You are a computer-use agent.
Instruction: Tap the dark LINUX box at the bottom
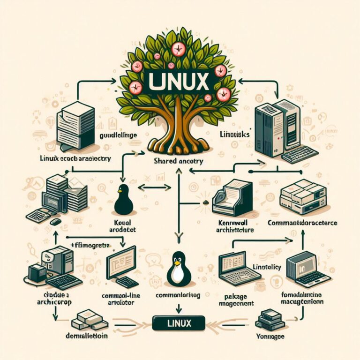pos(179,323)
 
